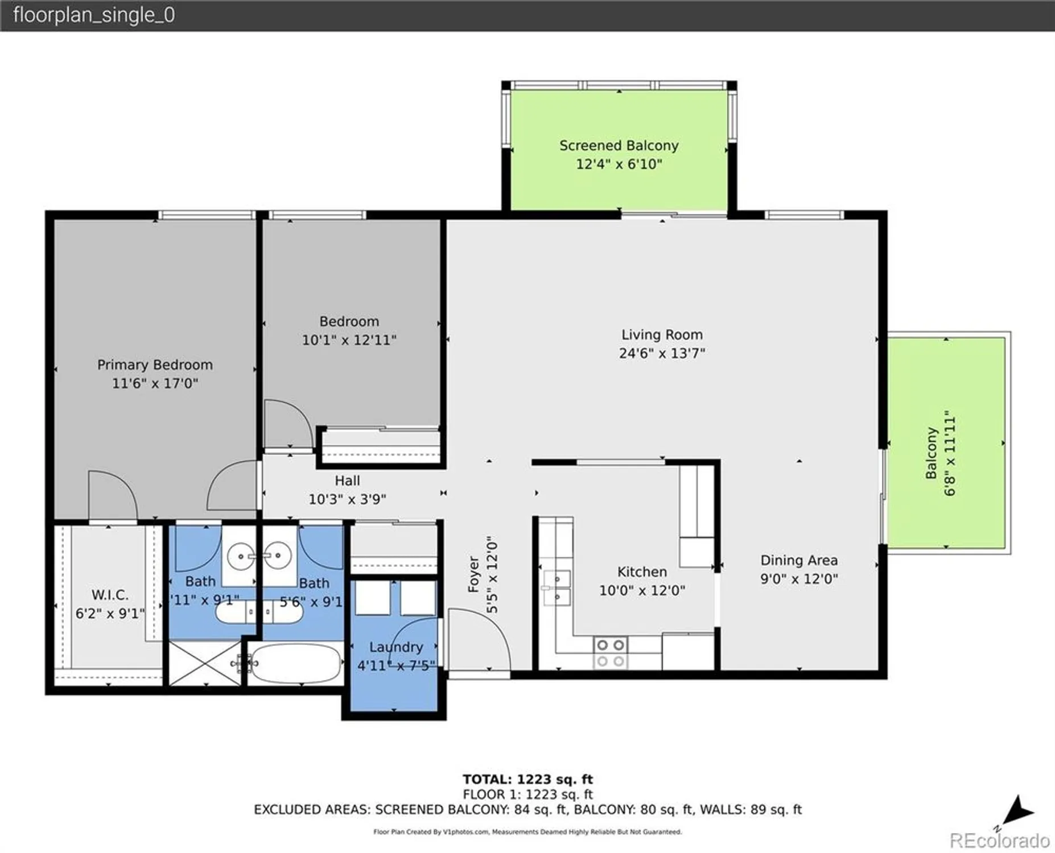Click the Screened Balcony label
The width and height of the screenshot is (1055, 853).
619,146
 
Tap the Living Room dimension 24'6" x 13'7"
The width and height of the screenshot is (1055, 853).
662,353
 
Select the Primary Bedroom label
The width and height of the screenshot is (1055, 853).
155,365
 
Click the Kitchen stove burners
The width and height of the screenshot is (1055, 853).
611,653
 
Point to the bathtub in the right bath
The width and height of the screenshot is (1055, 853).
295,663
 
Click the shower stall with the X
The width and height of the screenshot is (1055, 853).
205,662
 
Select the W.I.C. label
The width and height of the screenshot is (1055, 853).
110,595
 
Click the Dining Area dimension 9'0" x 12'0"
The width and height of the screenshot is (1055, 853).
799,579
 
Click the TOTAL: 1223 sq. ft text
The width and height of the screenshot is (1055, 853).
527,779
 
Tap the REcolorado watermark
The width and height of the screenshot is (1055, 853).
999,840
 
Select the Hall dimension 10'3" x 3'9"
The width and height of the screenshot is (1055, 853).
347,499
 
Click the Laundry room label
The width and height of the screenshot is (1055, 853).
396,647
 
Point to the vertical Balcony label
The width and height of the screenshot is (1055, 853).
931,453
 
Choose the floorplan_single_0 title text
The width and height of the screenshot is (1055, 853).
94,15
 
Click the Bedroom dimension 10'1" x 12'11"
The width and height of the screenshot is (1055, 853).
349,340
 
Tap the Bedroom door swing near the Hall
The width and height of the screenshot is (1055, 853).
287,424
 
